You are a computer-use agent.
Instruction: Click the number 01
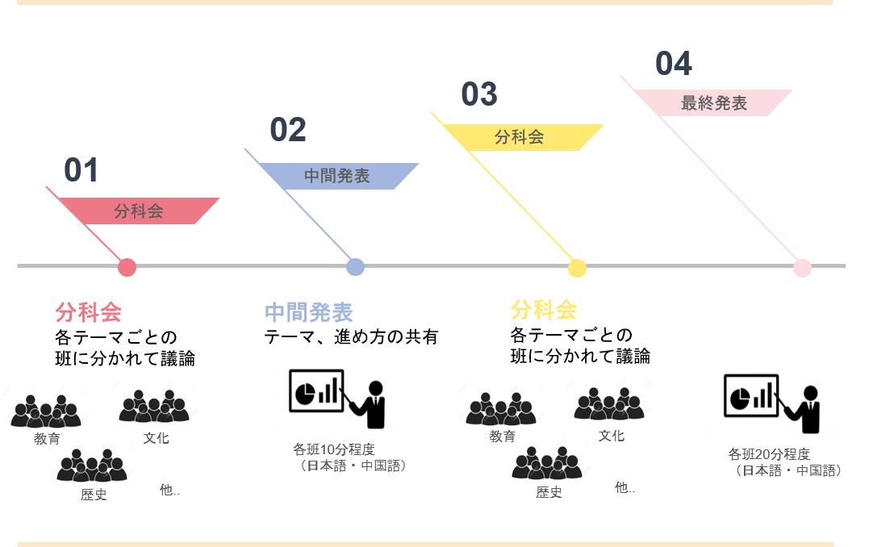81,170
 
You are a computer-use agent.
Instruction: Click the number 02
288,130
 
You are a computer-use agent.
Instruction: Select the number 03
479,94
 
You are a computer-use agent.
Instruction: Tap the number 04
674,64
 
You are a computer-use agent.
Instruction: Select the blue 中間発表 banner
337,176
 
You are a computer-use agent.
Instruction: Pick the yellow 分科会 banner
520,137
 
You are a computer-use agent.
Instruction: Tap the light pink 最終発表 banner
714,103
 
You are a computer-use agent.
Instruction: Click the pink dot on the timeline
127,267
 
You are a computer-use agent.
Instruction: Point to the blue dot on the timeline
355,267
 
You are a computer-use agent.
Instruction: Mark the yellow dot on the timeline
577,268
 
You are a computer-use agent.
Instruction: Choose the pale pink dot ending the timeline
802,268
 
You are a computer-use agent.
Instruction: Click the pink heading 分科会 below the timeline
88,312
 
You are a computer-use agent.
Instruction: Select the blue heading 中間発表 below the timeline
309,312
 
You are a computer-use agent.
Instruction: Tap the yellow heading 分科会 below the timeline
544,309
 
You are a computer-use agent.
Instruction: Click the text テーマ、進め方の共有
351,337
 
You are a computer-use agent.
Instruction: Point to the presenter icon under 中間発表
336,397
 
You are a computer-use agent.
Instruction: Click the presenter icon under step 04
771,402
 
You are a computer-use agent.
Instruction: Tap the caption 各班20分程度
770,454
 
